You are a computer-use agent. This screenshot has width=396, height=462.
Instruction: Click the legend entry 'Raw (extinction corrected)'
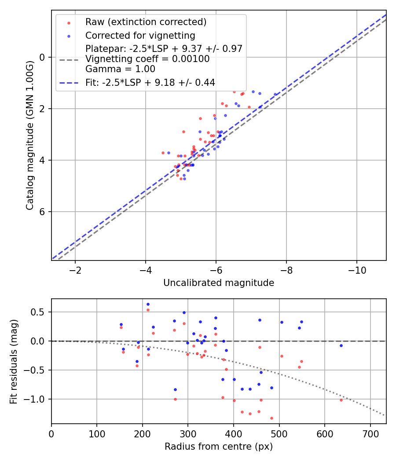click(146, 22)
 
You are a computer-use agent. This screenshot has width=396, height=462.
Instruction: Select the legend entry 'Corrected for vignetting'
click(140, 35)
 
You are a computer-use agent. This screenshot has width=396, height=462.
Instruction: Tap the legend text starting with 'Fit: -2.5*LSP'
click(150, 82)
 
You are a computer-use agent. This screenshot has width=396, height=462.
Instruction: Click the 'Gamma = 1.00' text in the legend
click(120, 69)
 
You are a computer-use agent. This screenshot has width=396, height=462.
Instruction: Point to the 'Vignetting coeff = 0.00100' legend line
click(147, 59)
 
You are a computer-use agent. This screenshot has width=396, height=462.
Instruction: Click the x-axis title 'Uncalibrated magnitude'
click(219, 283)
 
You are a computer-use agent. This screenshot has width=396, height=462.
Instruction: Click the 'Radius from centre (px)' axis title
click(219, 447)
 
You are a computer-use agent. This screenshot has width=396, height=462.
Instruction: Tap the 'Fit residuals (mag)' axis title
click(14, 361)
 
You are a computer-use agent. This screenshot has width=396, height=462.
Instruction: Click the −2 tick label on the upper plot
click(75, 270)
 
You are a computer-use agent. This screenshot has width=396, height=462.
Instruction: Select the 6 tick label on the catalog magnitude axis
click(42, 212)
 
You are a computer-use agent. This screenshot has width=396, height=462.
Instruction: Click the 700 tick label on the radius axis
click(370, 433)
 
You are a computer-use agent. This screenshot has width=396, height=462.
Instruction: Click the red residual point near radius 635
click(341, 400)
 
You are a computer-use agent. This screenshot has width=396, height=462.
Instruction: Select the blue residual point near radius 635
click(341, 345)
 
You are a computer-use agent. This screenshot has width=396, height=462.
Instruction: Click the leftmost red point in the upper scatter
click(163, 153)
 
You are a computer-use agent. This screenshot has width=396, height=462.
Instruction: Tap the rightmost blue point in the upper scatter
click(275, 94)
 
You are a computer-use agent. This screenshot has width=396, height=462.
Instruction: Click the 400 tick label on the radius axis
click(234, 433)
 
